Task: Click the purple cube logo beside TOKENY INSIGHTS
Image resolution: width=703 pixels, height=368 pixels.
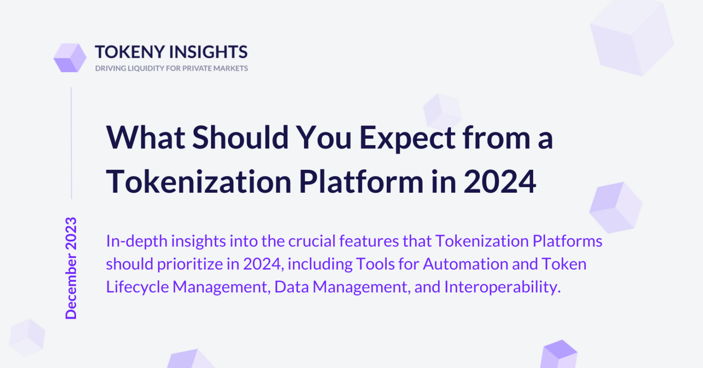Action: [x=70, y=58]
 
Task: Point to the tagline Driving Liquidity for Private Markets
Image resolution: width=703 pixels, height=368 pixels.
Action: [x=171, y=68]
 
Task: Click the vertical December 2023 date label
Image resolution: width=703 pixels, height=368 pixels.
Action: [x=71, y=268]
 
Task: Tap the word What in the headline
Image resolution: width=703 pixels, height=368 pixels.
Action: [x=146, y=137]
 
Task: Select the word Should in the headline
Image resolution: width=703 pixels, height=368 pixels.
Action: [x=240, y=137]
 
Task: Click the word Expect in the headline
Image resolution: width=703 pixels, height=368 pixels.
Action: [x=407, y=139]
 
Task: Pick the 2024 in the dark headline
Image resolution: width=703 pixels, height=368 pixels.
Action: [x=500, y=182]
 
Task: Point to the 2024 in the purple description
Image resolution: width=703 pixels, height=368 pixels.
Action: [x=261, y=264]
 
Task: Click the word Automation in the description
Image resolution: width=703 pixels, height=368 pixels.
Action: [x=465, y=264]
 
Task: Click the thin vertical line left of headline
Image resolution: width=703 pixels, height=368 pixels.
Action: [x=71, y=143]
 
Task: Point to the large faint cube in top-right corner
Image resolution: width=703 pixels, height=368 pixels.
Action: [x=632, y=38]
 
